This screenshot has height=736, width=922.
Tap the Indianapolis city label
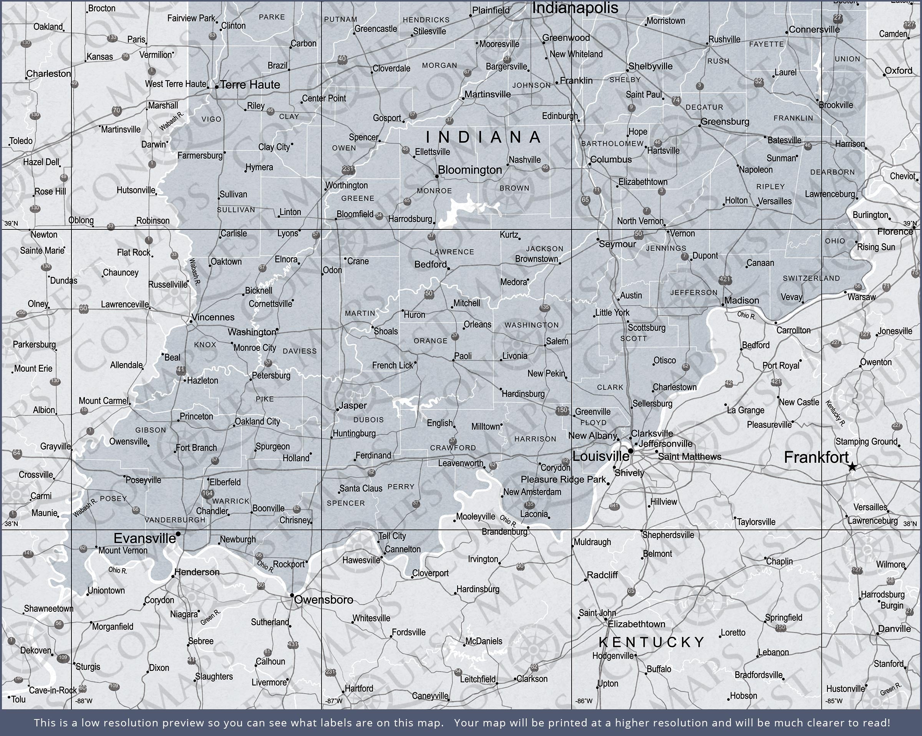(575, 8)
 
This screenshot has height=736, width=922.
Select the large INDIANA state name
(483, 137)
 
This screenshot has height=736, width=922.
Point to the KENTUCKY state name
(651, 642)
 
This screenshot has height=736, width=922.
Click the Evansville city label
(144, 538)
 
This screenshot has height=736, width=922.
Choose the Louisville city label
(600, 456)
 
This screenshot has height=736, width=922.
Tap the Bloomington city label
(469, 170)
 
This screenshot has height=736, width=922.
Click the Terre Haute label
(250, 85)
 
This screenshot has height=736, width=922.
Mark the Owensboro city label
(324, 600)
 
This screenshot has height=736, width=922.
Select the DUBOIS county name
(369, 420)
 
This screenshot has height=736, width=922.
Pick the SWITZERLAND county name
(811, 278)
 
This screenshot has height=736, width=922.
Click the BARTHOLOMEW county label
(612, 144)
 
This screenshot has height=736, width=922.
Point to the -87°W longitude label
(333, 701)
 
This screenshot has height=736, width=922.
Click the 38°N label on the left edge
(12, 524)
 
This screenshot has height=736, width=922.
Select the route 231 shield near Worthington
(348, 169)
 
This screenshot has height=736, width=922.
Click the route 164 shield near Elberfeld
(207, 493)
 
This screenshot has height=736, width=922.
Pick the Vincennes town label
(213, 317)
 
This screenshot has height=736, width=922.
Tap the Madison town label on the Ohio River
(741, 301)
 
